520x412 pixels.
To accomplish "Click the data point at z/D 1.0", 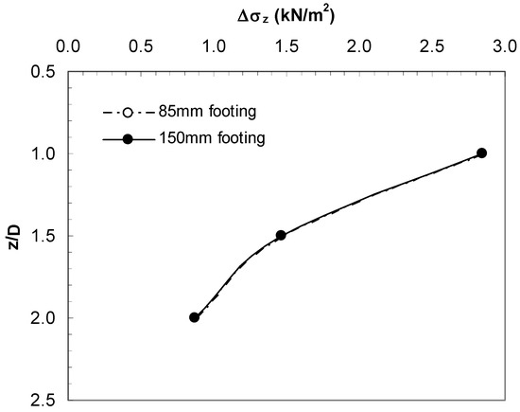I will (x=481, y=152).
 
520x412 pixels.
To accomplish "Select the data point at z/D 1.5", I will (x=281, y=235).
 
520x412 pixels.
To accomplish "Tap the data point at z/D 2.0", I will (x=194, y=317).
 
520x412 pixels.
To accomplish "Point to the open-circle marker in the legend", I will (x=128, y=113).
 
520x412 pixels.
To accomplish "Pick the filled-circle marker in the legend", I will (x=128, y=139).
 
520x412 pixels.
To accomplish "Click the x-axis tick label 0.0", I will (x=69, y=45).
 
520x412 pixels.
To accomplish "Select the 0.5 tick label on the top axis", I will (x=141, y=45).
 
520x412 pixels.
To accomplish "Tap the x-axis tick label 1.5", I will (x=286, y=45).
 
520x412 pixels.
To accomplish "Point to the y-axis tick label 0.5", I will (x=44, y=71).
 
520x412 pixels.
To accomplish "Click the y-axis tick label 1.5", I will (x=44, y=236).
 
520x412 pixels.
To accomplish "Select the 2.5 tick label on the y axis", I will (x=44, y=400).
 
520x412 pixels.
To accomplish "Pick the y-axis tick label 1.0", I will (x=44, y=153).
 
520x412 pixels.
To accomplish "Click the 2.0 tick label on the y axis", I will (x=44, y=318).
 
